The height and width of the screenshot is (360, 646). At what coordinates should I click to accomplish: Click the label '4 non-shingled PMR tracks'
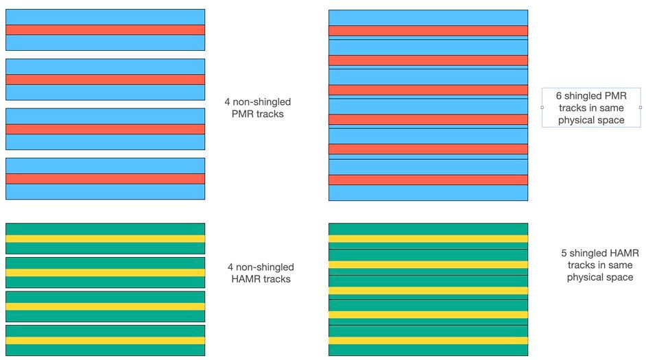257,108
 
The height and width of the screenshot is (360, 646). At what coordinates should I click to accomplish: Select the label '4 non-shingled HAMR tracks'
261,273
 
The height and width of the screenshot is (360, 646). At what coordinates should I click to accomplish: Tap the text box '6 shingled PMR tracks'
590,108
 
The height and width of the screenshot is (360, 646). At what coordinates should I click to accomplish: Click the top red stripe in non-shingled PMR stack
106,29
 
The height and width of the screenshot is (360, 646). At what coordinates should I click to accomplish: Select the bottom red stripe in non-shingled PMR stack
106,178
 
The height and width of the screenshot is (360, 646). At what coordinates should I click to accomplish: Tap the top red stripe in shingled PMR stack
428,30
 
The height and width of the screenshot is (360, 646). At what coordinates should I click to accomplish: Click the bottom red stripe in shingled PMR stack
428,180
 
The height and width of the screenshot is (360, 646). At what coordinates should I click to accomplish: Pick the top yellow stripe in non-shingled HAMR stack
106,239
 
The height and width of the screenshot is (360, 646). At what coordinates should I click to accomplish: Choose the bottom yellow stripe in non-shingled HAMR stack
106,340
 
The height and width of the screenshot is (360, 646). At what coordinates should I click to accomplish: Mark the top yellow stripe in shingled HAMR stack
428,239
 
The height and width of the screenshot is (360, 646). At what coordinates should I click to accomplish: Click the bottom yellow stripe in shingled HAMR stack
428,340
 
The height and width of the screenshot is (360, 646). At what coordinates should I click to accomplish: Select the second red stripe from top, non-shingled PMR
106,80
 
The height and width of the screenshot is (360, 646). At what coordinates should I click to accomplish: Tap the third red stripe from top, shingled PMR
428,90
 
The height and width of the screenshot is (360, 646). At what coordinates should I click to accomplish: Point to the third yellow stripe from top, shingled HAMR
428,290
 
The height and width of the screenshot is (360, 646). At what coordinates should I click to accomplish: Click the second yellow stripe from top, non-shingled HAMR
106,272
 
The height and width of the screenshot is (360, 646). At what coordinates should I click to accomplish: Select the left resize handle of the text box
542,108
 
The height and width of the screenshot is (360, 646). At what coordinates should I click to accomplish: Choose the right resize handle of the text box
641,108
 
